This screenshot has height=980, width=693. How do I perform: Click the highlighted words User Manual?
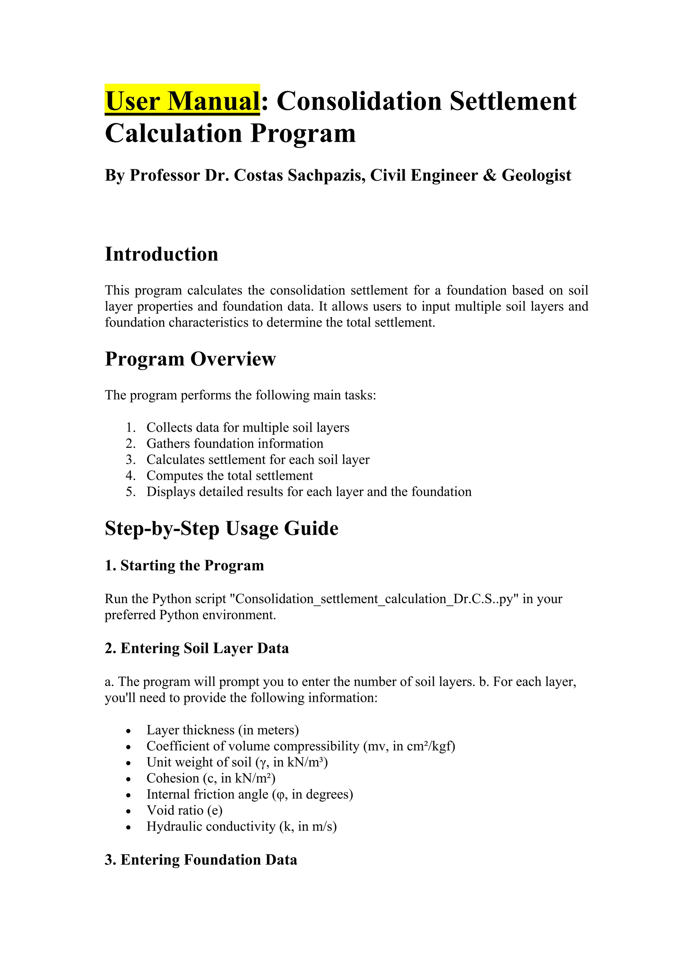coord(182,101)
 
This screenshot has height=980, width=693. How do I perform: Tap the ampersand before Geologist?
coord(490,176)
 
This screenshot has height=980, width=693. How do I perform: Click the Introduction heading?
coord(161,254)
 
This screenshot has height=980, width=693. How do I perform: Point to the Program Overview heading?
coord(191,359)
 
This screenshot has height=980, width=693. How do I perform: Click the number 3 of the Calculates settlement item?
coord(130,460)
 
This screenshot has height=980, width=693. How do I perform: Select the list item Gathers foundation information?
coord(234,443)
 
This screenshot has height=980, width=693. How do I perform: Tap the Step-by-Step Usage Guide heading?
coord(222,528)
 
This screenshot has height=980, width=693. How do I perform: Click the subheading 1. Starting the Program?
coord(184,566)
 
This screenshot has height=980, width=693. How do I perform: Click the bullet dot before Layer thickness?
coord(129,731)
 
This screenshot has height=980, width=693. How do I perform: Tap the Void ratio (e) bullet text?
coord(184,811)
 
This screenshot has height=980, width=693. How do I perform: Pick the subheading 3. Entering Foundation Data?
coord(201,860)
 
